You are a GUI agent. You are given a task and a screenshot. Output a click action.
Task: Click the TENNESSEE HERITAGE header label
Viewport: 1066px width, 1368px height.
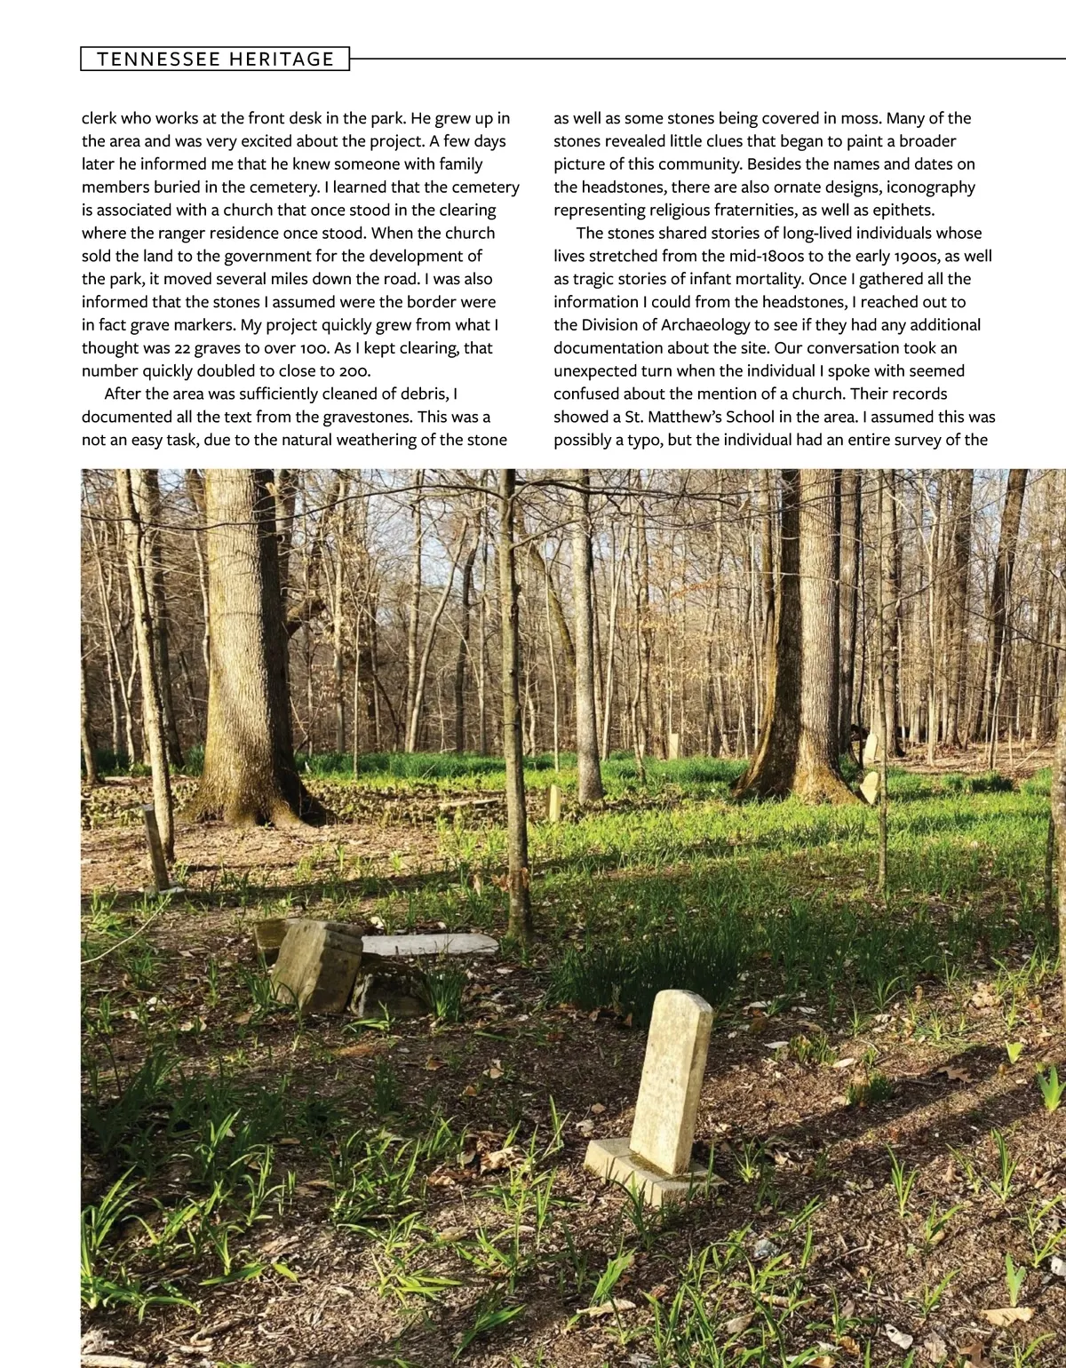(x=215, y=59)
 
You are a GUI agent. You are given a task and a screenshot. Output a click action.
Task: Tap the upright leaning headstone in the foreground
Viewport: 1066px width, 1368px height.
(x=672, y=1081)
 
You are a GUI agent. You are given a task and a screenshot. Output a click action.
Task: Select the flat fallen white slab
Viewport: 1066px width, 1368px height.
(x=430, y=944)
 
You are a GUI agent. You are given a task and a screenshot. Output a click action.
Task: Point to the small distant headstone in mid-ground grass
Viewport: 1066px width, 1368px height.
(x=554, y=803)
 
